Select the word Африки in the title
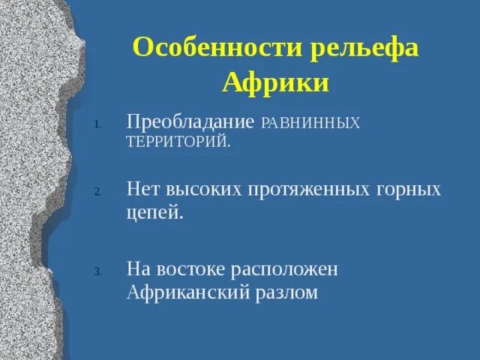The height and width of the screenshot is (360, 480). point(275,82)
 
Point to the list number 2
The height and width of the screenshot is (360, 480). point(97,192)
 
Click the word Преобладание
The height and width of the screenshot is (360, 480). point(190,121)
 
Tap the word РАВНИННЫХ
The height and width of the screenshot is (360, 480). point(310,122)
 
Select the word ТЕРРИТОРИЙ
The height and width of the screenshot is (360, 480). point(176,142)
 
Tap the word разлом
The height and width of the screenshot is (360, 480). point(287,292)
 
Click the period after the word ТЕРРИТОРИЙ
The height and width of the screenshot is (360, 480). point(229,146)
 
